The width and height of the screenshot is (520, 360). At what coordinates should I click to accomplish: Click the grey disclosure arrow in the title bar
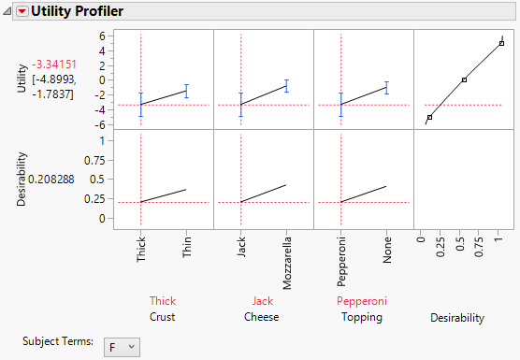pos(8,12)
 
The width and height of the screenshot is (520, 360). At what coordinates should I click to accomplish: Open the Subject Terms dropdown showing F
pos(122,347)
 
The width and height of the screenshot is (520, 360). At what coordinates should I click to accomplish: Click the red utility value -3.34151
pos(54,65)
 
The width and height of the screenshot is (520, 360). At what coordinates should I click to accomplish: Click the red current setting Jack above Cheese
pos(263,301)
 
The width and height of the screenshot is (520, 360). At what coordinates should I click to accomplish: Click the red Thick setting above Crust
pos(163,301)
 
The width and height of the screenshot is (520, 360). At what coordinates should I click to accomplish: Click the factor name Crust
pos(163,317)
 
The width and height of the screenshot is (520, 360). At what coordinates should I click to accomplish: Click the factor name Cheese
pos(263,317)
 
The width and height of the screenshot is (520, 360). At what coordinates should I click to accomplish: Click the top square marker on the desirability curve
pos(501,43)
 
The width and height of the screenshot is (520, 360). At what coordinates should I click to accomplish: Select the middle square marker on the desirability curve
pos(464,79)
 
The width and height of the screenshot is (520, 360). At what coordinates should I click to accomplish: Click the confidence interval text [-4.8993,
pos(54,79)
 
